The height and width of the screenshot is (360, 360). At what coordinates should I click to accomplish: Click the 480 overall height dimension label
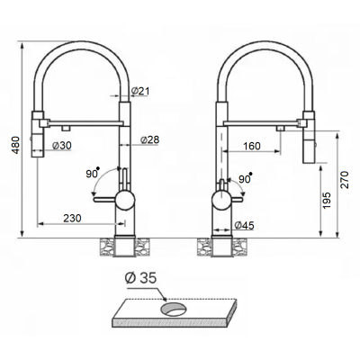click(16, 145)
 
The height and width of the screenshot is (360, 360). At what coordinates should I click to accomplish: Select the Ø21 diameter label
click(140, 91)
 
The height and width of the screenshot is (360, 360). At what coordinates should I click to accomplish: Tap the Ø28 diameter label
click(149, 139)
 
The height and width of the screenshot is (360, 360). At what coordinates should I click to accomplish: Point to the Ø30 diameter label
click(62, 146)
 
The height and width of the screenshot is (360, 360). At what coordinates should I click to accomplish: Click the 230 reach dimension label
click(72, 218)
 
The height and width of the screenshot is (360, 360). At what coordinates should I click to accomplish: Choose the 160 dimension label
click(252, 146)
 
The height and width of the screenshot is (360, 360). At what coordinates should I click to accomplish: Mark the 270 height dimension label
click(346, 180)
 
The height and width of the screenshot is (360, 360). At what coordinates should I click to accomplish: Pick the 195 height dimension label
click(327, 201)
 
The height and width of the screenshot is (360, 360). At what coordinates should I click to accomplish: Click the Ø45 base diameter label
click(244, 225)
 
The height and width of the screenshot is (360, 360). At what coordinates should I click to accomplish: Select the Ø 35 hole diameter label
click(140, 278)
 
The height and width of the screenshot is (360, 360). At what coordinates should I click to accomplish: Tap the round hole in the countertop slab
click(174, 309)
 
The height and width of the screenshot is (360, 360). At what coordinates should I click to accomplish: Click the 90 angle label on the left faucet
click(93, 173)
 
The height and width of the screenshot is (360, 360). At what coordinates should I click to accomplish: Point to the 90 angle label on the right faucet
click(245, 178)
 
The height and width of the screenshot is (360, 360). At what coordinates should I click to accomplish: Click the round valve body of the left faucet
click(125, 200)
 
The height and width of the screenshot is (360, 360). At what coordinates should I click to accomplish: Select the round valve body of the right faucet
click(221, 200)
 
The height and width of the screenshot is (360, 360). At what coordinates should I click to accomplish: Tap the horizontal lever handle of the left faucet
click(104, 200)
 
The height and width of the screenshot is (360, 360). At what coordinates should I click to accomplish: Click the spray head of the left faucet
click(38, 134)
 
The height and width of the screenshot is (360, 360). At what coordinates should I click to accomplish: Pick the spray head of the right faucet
click(309, 137)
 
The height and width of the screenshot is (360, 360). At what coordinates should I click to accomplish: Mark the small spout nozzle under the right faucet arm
click(280, 129)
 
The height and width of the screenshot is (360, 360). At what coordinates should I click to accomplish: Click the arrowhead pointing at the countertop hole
click(165, 299)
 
